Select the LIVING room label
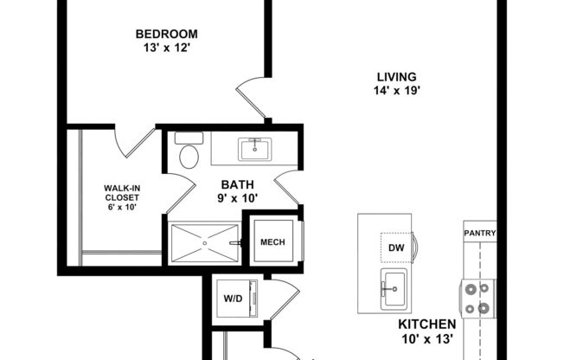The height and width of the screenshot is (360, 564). pos(395,76)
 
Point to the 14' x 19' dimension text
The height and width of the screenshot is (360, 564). pos(395,89)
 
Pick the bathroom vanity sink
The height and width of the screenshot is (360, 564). pos(255,150)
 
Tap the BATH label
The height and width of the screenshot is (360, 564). pos(238,183)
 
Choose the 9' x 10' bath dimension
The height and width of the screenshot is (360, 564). pos(238,197)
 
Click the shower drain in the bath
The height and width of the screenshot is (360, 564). pos(204,243)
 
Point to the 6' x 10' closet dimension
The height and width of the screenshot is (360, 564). pos(121,207)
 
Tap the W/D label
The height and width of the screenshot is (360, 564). pos(233,299)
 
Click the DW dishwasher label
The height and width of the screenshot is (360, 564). pos(396,248)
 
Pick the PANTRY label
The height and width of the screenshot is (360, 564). pos(478,233)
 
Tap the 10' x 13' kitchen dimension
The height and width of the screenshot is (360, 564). pos(426,338)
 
